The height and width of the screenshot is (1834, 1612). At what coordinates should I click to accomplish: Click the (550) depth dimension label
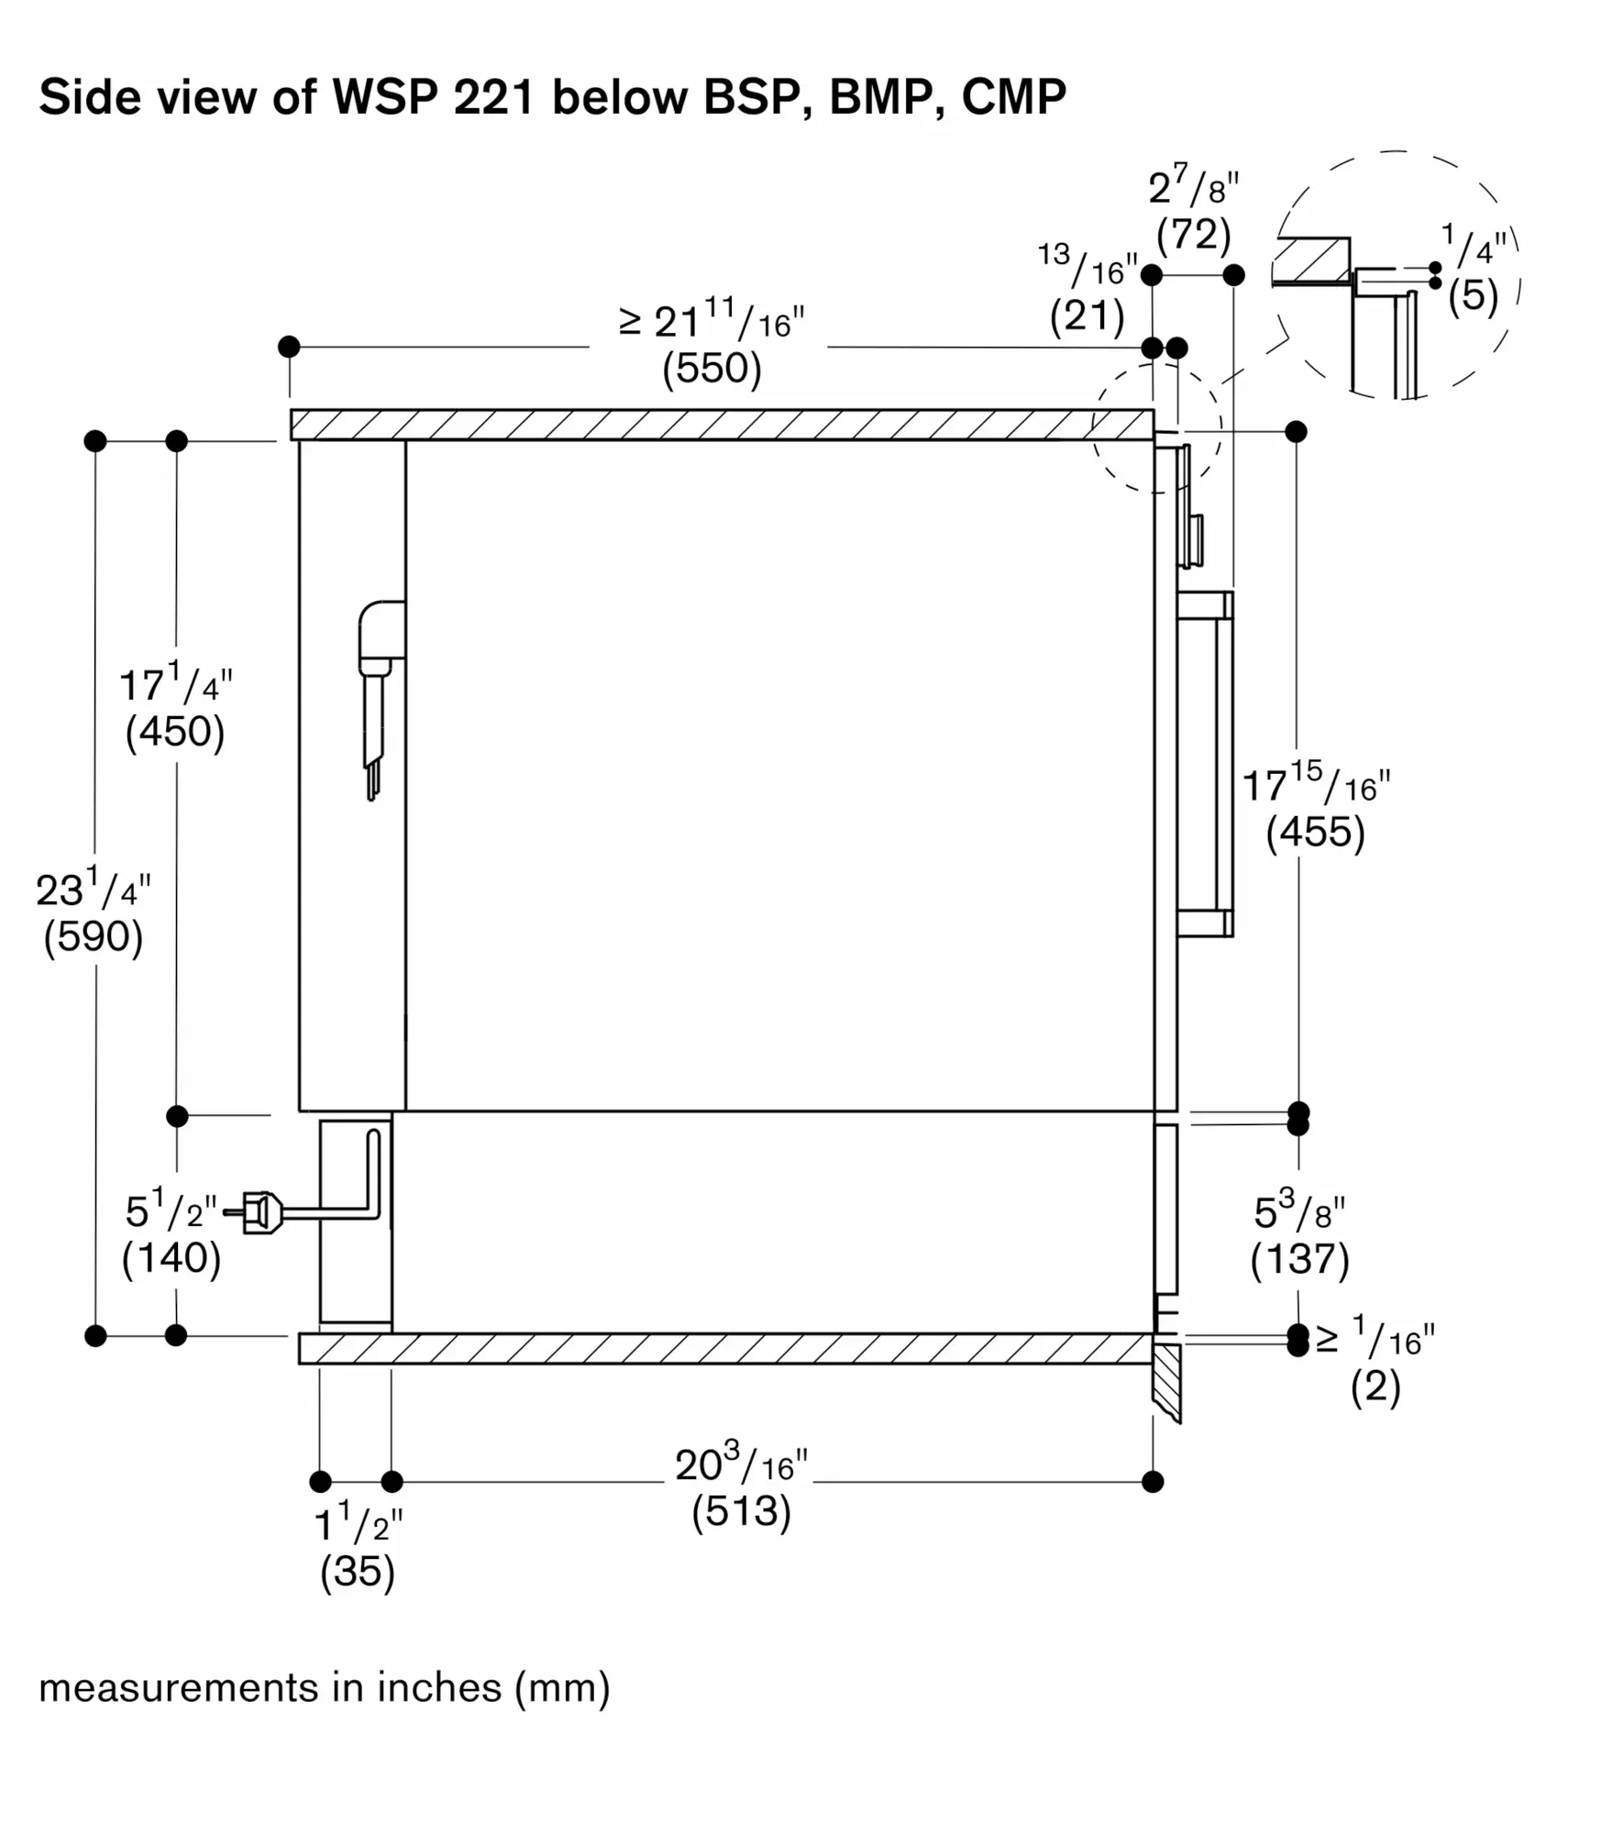coord(712,369)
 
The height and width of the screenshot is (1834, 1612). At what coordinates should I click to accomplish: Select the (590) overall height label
coord(94,937)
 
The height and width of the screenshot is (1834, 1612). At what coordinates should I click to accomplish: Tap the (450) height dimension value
coord(174,732)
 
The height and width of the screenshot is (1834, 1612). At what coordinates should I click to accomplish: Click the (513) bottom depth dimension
coord(741,1510)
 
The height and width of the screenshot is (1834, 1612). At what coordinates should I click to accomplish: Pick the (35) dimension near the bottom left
coord(357,1571)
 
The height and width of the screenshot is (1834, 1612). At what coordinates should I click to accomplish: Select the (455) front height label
coord(1315,832)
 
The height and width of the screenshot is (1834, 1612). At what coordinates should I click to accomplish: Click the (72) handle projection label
coord(1193,235)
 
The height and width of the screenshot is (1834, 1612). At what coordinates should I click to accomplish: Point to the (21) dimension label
coord(1087,316)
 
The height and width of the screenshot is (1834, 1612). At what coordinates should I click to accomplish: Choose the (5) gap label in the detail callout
coord(1473,295)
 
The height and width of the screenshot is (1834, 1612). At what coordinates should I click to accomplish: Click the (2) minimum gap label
coord(1375,1387)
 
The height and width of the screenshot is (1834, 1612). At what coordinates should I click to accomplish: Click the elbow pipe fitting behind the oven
coord(380,633)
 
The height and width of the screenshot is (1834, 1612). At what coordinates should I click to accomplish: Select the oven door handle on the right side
coord(1209,763)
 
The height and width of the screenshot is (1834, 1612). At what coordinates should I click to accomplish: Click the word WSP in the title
coord(385,96)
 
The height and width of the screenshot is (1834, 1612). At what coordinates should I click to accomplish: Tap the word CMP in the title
coord(1013,96)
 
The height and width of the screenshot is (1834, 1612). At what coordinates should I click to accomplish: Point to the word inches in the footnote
coord(439,1687)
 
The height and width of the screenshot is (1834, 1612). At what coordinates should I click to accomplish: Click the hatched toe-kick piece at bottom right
coord(1165,1379)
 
